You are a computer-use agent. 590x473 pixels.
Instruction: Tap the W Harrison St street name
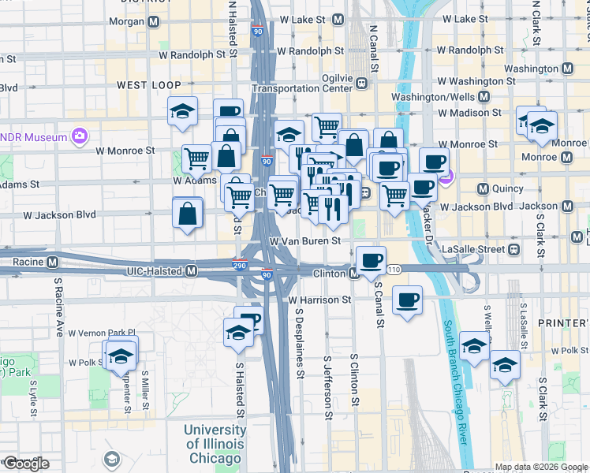coord(319,300)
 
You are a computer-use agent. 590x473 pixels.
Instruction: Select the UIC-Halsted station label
coord(155,271)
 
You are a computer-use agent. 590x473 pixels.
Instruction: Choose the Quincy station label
coord(501,189)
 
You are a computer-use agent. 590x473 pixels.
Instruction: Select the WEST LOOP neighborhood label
coord(149,84)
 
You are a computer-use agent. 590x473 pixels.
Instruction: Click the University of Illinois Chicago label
coord(215,444)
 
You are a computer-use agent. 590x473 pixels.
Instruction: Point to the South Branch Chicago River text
coord(457,386)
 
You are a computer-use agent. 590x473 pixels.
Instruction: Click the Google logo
coord(27,464)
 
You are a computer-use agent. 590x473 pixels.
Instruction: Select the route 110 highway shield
coord(394,270)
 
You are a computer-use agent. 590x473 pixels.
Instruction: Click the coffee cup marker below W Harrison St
coord(407,300)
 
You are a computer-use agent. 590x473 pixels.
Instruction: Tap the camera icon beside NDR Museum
coord(79,137)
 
